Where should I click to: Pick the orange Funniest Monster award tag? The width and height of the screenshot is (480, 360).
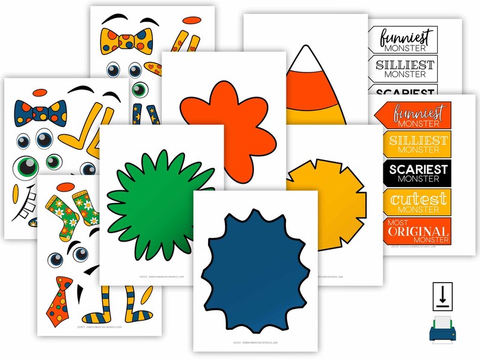tap(415, 115)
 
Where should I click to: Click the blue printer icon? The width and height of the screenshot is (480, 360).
tap(444, 330)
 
